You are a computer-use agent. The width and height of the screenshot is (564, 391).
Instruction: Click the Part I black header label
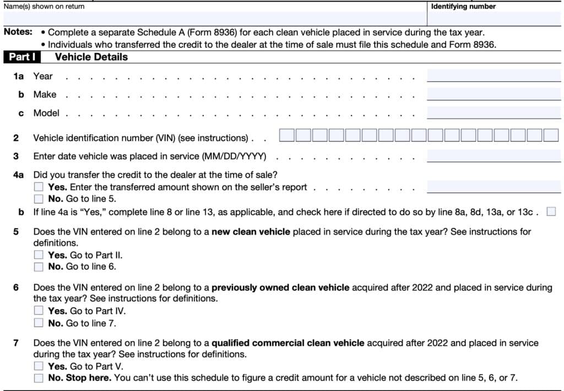(x=26, y=57)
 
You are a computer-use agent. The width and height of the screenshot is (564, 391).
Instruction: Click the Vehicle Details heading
(x=91, y=57)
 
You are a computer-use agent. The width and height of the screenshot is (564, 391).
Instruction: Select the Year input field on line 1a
(x=493, y=76)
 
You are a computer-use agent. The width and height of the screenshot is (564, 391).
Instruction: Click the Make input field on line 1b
(x=493, y=94)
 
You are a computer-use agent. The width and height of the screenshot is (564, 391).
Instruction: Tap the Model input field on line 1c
(x=493, y=113)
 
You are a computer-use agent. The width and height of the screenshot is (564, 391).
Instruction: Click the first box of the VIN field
(x=286, y=135)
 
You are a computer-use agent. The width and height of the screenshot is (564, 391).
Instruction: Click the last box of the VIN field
(x=551, y=135)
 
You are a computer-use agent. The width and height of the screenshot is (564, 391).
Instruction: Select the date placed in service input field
(x=493, y=156)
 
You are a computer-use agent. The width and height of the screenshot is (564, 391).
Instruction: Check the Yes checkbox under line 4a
(x=39, y=188)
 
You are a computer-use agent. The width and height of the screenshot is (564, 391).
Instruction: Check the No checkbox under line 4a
(x=39, y=199)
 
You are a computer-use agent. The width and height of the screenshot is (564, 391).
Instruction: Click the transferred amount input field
(x=493, y=187)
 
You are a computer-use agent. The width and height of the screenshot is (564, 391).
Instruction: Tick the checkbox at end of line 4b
(x=551, y=212)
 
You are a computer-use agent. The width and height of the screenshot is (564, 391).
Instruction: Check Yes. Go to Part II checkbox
(x=39, y=255)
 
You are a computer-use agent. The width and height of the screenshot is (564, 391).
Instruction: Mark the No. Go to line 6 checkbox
(x=39, y=267)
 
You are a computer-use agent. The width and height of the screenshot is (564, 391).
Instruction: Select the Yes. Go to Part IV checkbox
(x=39, y=311)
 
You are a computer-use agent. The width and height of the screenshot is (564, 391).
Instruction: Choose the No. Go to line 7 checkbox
(x=39, y=323)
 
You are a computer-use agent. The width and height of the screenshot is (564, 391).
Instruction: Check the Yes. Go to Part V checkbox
(x=39, y=366)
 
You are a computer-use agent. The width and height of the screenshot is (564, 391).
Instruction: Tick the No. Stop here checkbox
(x=39, y=378)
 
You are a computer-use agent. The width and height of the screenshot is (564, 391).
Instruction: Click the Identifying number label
(x=463, y=7)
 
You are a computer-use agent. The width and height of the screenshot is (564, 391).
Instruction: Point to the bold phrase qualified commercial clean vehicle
(x=288, y=343)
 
